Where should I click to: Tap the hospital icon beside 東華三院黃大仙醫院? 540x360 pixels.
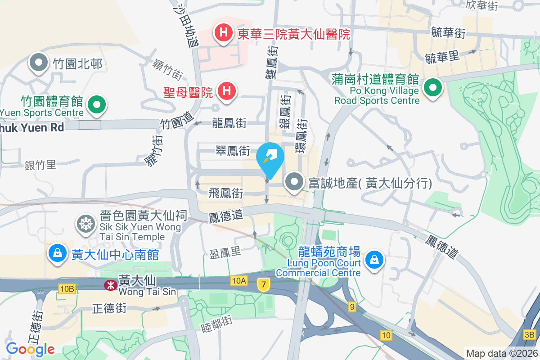tap(223, 32)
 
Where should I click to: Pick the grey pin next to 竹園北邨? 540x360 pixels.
tap(39, 63)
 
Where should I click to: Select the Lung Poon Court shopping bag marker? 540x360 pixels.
tap(374, 260)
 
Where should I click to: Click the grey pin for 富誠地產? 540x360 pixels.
tap(295, 182)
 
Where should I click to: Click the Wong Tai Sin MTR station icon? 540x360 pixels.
tap(109, 284)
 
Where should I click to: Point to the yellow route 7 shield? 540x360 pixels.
tap(263, 284)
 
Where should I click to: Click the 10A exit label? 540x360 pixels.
tap(239, 281)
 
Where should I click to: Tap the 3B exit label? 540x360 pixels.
tap(530, 334)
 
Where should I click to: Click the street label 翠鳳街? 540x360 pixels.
tap(233, 151)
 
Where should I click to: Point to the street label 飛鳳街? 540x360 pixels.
tap(226, 193)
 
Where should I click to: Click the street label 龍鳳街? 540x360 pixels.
tap(229, 122)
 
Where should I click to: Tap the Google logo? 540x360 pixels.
tap(30, 349)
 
